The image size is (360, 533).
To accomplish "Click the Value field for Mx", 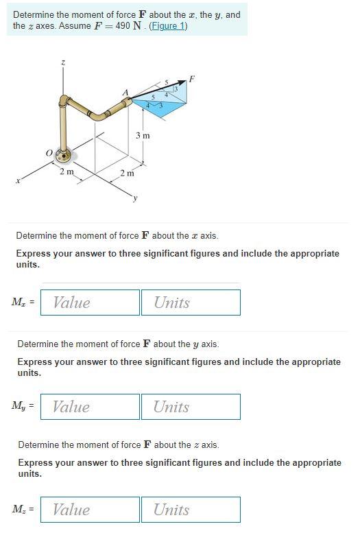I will (90, 303).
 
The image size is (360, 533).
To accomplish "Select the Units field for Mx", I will (191, 303).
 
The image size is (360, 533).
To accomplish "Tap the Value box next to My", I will (90, 407).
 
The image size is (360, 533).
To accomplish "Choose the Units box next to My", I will (191, 407).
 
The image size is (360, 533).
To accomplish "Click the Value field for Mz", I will (90, 510).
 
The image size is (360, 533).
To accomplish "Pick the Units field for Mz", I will (191, 510).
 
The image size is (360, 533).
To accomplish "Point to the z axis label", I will (64, 63).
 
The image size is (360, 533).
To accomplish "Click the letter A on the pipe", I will (125, 93).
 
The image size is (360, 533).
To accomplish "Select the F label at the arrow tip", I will (192, 79).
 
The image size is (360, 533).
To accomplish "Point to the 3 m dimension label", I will (142, 136).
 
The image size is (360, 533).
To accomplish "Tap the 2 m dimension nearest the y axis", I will (127, 173).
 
